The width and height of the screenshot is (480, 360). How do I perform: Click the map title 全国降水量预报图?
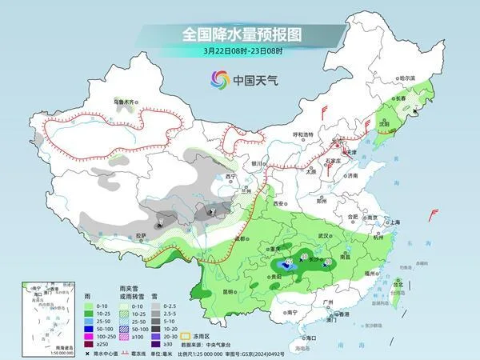tap(239, 34)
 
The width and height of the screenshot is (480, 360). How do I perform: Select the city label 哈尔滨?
tap(407, 78)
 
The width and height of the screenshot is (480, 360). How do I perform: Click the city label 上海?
tap(393, 222)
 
